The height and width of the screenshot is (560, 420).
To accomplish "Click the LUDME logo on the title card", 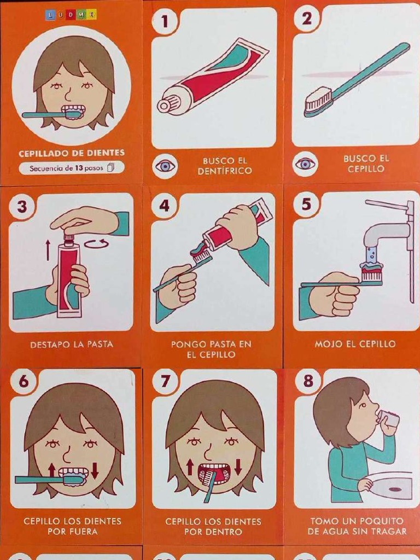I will click(x=71, y=15).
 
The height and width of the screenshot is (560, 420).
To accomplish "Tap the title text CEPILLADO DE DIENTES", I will click(x=72, y=153).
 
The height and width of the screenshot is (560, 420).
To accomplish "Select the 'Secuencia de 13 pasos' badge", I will click(x=72, y=168).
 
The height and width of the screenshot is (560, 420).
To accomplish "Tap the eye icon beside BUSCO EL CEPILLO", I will click(x=305, y=164).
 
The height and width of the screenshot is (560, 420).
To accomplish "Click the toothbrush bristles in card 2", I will click(x=318, y=100).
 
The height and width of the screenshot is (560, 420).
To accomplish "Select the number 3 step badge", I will click(x=22, y=207).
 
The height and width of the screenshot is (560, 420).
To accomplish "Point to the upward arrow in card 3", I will click(x=48, y=249).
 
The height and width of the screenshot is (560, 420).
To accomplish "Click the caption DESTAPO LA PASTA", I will click(x=72, y=345).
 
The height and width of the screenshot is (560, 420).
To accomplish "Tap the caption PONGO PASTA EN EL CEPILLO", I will click(x=211, y=349).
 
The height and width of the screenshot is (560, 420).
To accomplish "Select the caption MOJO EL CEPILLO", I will click(x=355, y=344).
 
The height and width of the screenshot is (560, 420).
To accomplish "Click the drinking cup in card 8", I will click(x=388, y=420).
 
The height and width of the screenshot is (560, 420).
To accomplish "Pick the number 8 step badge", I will click(x=308, y=381).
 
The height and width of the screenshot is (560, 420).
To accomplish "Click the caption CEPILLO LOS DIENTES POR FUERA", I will click(x=72, y=526).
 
